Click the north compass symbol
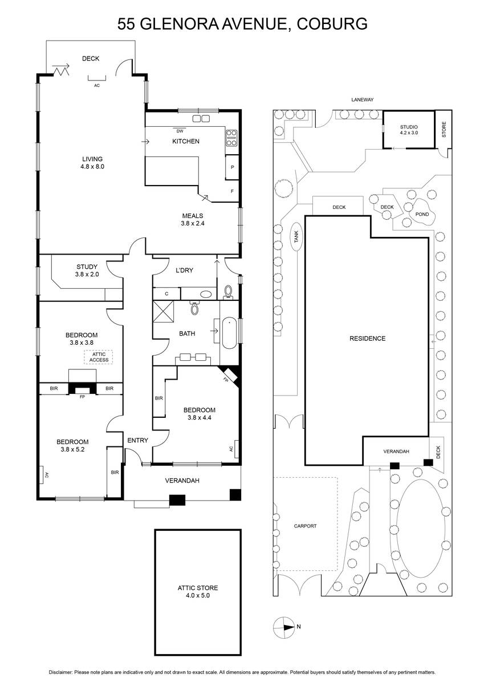[x=284, y=628]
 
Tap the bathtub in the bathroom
[x=229, y=333]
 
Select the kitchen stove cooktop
[x=231, y=138]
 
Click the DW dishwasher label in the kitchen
[x=180, y=131]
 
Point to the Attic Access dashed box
[x=99, y=357]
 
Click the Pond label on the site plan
[x=422, y=215]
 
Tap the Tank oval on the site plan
[x=296, y=236]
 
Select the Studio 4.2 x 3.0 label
[x=409, y=130]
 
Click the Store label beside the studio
[x=444, y=130]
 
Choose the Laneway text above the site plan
[x=362, y=100]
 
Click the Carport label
[x=305, y=526]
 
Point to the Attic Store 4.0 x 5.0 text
[x=198, y=591]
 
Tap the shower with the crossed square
[x=163, y=311]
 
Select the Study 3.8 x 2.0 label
[x=87, y=271]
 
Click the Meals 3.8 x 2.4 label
[x=192, y=220]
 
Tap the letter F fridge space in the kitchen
[x=232, y=191]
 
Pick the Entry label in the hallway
[x=137, y=440]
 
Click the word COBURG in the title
[x=332, y=23]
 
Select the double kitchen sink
[x=201, y=118]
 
